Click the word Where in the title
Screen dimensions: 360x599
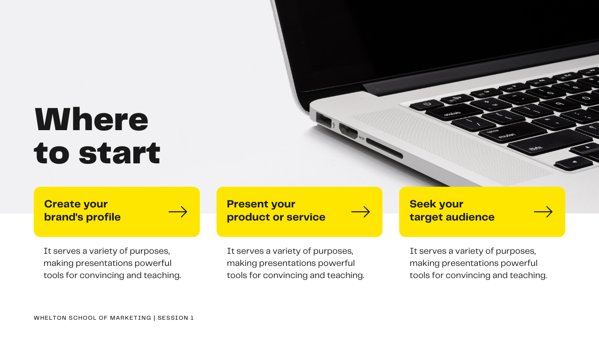coord(91,120)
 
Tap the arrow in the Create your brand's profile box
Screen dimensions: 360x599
coord(178,212)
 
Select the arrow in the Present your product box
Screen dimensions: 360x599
coord(360,212)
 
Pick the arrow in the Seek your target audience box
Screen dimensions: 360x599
coord(543,212)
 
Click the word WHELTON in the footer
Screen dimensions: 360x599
coord(50,318)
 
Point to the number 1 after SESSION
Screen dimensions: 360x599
coord(192,318)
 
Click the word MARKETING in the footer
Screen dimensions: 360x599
coord(131,318)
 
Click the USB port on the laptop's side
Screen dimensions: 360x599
coord(323,119)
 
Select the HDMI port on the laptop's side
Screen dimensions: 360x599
coord(348,131)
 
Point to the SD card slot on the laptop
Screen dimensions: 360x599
coord(384,148)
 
